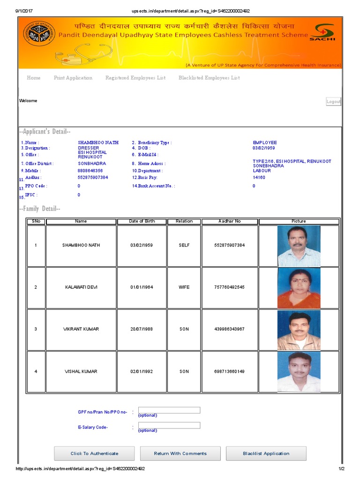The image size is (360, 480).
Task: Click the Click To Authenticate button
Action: coord(94,453)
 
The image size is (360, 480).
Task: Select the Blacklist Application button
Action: coord(266,453)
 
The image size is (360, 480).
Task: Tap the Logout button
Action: coord(333,102)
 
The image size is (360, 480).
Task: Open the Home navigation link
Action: coord(34,78)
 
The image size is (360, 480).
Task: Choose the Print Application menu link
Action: coord(73,78)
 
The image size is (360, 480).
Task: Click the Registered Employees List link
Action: coord(135,78)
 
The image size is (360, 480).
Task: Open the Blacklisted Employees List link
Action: coord(209,78)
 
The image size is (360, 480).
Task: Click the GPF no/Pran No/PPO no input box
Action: coord(169,410)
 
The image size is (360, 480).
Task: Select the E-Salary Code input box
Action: coord(169,425)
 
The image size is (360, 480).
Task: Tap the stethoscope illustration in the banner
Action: coord(77,54)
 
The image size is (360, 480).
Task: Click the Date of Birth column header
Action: coord(142,221)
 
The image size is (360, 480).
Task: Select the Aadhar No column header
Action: coord(230,221)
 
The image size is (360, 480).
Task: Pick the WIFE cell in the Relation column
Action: coord(184,287)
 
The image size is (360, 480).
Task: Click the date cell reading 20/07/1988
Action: coord(142,329)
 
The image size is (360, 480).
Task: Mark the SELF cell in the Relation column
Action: coord(184,246)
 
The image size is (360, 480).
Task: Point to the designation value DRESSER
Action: coord(88,148)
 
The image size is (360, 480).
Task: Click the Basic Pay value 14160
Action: coord(259,178)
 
